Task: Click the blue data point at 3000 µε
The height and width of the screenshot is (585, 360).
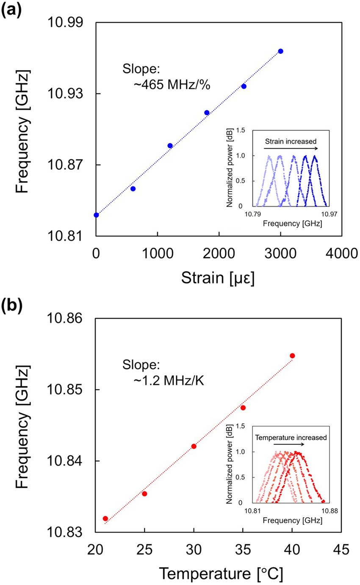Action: [x=280, y=51]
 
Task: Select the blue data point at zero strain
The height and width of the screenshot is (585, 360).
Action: [x=96, y=215]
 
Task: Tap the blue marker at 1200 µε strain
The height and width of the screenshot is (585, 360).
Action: [x=170, y=146]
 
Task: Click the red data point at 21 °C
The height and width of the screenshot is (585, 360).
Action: [x=105, y=519]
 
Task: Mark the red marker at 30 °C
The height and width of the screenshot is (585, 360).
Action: [x=194, y=446]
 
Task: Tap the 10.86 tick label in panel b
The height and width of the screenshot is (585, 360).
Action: [x=68, y=318]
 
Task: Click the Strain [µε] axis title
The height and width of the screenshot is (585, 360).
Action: [x=218, y=279]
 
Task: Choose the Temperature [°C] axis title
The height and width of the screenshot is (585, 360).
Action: [x=219, y=574]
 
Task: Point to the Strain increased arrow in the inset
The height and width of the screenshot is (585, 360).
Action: [x=291, y=148]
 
